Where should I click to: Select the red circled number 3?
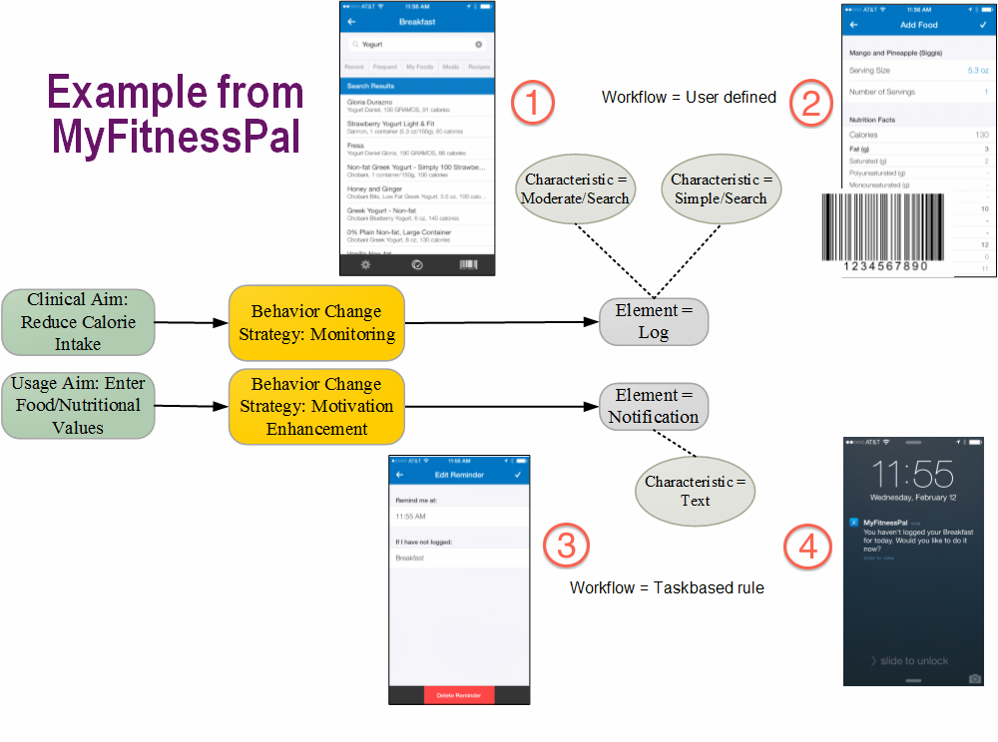[x=566, y=546]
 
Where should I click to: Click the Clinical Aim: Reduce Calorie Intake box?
[x=78, y=322]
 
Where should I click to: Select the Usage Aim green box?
[x=78, y=406]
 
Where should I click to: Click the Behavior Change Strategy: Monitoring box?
[x=316, y=322]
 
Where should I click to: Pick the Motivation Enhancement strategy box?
[x=316, y=406]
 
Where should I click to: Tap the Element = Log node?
[x=654, y=321]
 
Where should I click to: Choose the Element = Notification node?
[x=654, y=406]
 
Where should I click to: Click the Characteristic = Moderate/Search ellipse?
[x=575, y=189]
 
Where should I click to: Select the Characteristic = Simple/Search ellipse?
[x=719, y=189]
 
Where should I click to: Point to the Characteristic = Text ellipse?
[x=696, y=491]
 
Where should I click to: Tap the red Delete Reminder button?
[x=459, y=695]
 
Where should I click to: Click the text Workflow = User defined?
[x=689, y=98]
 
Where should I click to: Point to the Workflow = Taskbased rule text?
[x=667, y=587]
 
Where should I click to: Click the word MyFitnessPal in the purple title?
[x=176, y=135]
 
